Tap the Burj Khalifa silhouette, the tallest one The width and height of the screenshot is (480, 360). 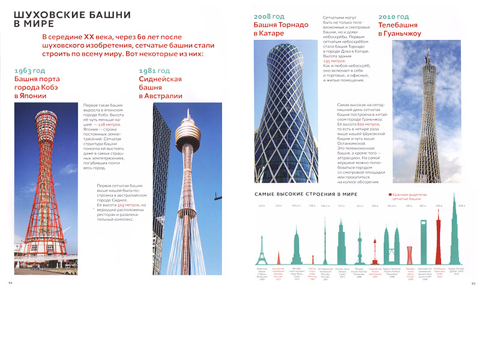tap(455, 240)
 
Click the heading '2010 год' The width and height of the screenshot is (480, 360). tap(393, 17)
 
